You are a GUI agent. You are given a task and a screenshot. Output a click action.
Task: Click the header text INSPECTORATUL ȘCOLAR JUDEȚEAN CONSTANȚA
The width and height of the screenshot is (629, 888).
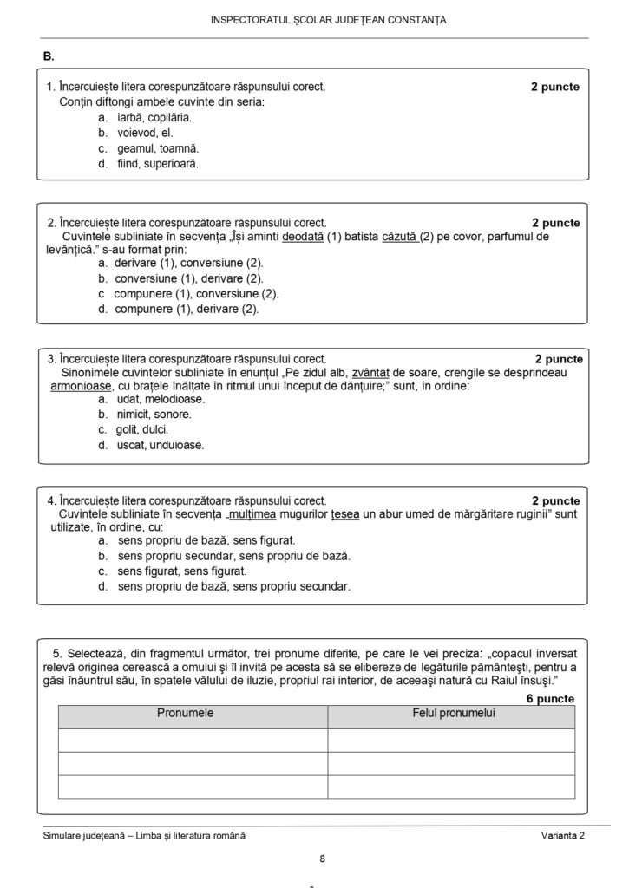[x=330, y=20]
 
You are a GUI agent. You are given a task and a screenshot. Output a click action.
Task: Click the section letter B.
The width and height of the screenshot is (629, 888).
[x=49, y=56]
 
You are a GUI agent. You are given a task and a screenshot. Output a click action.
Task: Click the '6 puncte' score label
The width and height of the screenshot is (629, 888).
[x=550, y=697]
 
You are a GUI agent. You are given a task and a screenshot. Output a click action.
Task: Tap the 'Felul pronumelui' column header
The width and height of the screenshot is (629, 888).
[x=452, y=713]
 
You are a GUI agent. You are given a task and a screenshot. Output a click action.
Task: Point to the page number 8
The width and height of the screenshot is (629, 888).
[x=322, y=859]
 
